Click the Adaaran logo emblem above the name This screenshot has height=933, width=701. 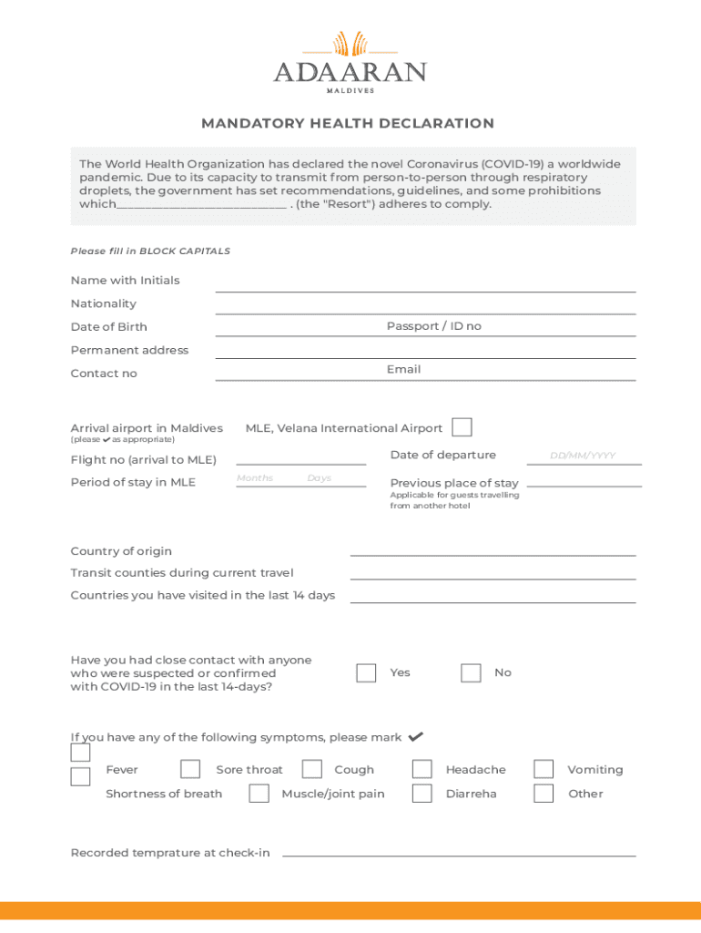[350, 44]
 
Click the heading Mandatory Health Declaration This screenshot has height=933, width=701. [348, 123]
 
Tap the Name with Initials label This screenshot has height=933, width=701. [125, 281]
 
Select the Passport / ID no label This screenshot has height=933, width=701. [433, 326]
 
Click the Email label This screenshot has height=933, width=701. [403, 369]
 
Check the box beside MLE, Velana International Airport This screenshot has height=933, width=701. [462, 427]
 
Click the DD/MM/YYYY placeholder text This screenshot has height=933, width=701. [583, 456]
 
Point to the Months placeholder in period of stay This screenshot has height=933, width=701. [255, 478]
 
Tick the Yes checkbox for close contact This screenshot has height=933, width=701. [366, 672]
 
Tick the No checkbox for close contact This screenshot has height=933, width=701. [471, 672]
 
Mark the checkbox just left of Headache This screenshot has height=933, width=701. [422, 769]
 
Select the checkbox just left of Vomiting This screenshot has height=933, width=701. [544, 769]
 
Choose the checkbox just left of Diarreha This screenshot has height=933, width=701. [422, 793]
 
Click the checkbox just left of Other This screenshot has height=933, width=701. [544, 793]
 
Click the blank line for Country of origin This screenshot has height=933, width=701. [493, 552]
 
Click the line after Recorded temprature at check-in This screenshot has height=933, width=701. [459, 853]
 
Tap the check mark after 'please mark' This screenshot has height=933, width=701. [416, 736]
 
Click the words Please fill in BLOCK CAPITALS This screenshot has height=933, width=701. [150, 251]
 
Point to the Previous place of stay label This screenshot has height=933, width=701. [454, 483]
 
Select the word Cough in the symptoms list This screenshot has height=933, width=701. [354, 770]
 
